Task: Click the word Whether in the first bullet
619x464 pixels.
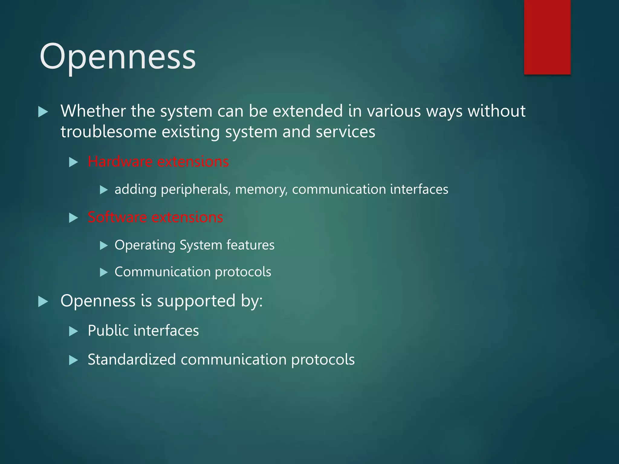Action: (x=93, y=111)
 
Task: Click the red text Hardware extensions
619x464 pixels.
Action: (x=158, y=162)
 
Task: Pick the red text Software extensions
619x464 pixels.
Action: (x=155, y=217)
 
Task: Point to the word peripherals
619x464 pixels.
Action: (x=196, y=190)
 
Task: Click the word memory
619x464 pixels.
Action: (x=261, y=190)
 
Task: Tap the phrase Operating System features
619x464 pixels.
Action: (x=194, y=245)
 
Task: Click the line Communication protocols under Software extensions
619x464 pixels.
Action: (x=193, y=272)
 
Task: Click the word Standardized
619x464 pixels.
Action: (x=132, y=359)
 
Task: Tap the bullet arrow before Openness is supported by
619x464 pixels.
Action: (x=43, y=301)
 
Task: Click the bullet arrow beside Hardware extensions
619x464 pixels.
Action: (x=73, y=162)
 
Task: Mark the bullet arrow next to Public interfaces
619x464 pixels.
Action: (x=73, y=331)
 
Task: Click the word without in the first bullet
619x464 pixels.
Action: (x=497, y=111)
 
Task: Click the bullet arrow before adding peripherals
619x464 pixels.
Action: (x=104, y=190)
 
